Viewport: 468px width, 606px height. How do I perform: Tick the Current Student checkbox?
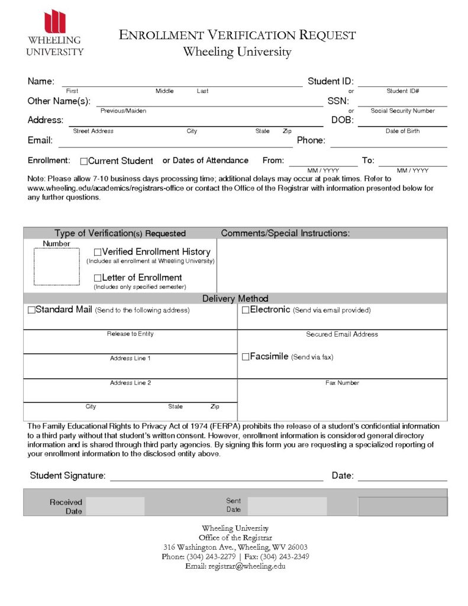[83, 161]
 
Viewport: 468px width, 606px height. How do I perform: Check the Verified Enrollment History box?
[98, 253]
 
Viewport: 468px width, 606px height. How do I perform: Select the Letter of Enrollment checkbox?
[98, 278]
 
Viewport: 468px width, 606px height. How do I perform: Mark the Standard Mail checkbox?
[31, 310]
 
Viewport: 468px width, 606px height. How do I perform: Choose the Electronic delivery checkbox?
[246, 310]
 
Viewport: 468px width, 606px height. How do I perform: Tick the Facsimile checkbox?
[246, 357]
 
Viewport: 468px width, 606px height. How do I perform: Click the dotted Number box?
[56, 266]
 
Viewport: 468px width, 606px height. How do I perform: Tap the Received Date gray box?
[115, 506]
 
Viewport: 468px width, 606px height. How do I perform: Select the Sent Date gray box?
[287, 506]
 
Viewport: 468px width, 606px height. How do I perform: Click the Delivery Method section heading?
[235, 299]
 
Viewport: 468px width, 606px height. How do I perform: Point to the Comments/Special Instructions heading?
[285, 233]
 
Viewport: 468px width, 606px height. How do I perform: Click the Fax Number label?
[342, 383]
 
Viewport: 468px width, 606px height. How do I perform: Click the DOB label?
[342, 120]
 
